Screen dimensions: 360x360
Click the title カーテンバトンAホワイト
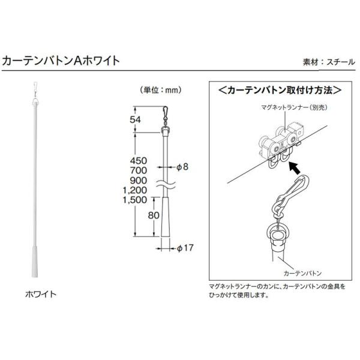62,60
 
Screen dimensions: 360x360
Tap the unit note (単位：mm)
160,91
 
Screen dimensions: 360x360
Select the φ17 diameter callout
185,246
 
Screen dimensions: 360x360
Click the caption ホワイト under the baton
40,295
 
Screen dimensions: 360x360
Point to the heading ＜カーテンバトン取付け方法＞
280,91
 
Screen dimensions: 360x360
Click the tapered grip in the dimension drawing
164,219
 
